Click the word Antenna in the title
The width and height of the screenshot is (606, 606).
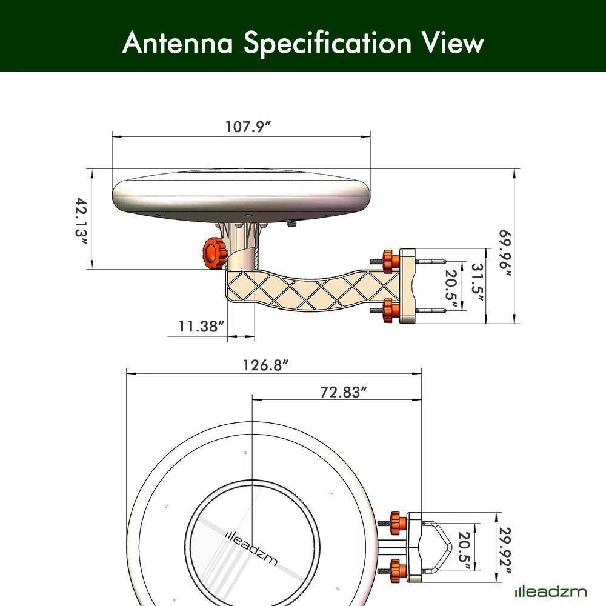[179, 43]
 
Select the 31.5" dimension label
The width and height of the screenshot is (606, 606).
[476, 282]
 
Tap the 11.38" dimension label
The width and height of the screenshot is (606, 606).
[202, 327]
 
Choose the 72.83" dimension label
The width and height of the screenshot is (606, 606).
[344, 392]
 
